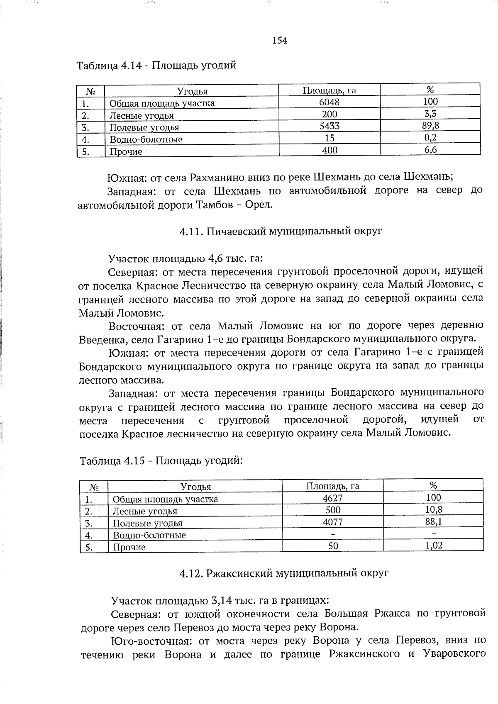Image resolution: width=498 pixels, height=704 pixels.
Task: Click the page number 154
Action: (x=280, y=40)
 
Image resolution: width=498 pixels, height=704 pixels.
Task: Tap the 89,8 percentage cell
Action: (x=430, y=126)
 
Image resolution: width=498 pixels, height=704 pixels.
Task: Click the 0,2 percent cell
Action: (x=430, y=138)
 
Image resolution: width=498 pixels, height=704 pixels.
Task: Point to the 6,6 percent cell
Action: (x=430, y=150)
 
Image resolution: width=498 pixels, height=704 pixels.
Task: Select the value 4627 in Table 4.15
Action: (x=333, y=498)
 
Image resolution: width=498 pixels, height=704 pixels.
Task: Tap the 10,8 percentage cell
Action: (x=434, y=509)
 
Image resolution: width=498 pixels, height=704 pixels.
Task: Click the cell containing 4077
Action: (x=333, y=522)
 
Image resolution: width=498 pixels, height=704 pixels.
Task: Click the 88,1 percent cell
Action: (x=433, y=521)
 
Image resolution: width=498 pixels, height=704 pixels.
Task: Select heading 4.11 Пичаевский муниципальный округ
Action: (x=281, y=231)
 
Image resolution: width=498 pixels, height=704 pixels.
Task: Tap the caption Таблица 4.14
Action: (x=156, y=66)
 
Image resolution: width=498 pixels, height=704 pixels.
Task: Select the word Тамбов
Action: (x=220, y=205)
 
